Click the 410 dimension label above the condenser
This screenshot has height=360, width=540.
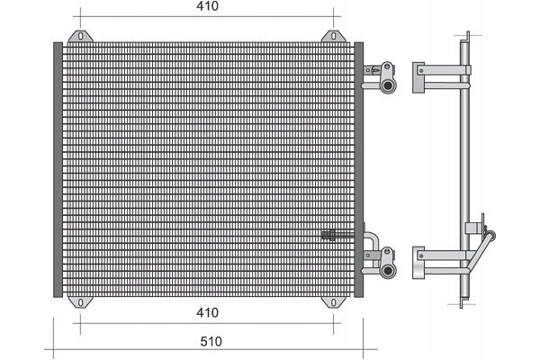coord(207,6)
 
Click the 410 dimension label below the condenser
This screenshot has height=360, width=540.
coord(207,312)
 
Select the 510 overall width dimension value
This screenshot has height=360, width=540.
coord(211,341)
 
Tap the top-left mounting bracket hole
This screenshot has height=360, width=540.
coord(81,36)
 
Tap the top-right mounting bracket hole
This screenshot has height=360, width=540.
coord(333,36)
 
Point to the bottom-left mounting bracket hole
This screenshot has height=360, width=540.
coord(81,302)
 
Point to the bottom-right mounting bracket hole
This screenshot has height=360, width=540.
coord(333,302)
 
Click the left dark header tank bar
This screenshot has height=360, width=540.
coord(58,169)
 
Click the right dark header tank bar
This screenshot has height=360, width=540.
coord(358,169)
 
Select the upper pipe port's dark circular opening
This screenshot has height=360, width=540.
coord(388,85)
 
